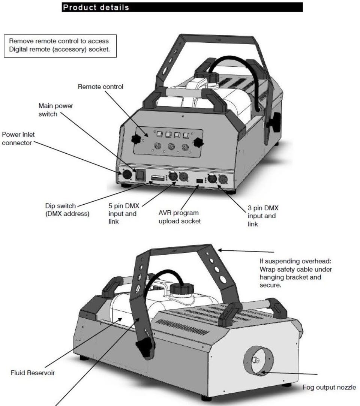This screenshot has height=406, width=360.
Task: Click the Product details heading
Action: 96,7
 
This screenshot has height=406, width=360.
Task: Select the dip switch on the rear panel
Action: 158,178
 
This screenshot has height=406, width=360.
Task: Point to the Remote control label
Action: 100,87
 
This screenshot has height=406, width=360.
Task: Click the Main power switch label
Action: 55,110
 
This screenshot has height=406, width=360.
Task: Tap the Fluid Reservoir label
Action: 33,373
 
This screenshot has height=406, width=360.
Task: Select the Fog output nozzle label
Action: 329,387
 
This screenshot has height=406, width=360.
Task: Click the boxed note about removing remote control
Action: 60,46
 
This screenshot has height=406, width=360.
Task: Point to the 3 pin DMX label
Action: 263,216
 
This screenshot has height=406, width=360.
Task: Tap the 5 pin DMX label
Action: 123,214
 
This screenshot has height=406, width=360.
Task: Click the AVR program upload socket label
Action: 180,217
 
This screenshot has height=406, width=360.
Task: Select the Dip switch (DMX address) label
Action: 67,210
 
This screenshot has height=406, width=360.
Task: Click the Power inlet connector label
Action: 18,139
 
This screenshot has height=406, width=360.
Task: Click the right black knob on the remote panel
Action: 198,142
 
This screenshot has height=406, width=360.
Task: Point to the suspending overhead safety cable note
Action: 295,273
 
